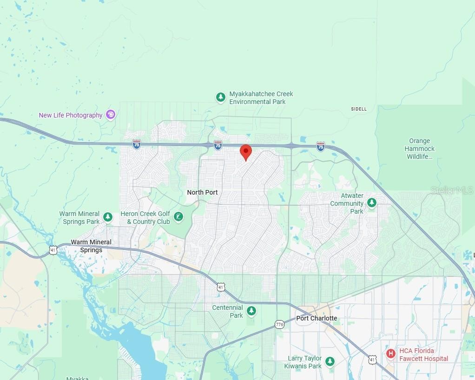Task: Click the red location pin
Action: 245,152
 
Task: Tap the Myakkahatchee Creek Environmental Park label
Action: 261,98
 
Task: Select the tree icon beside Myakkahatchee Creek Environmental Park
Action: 221,98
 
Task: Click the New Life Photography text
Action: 71,115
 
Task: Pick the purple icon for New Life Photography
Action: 110,115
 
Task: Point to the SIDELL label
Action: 359,109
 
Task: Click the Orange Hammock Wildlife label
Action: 420,149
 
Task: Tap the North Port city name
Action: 202,192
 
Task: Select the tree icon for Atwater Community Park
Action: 371,203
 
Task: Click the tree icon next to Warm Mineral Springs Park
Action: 108,217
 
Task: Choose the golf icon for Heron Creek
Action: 178,217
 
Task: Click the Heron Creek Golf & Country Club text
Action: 145,218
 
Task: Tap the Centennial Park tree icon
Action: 251,311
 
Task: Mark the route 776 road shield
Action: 279,324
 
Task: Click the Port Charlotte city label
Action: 317,318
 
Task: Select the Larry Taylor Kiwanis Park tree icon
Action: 330,361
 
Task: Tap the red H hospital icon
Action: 391,354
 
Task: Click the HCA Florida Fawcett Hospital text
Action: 423,354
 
